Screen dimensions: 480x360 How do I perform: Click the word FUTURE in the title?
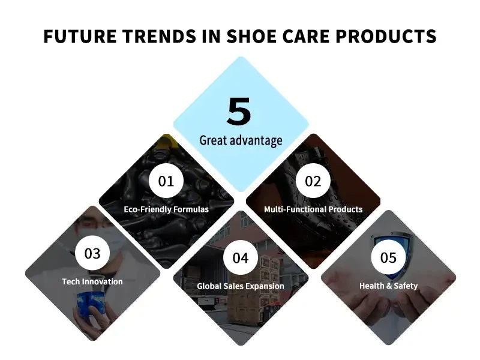point(80,36)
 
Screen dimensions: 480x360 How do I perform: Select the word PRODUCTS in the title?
point(386,36)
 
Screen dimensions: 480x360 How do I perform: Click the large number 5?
point(239,112)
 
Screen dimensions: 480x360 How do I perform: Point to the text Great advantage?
point(241,140)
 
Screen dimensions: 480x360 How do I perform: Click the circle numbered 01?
point(166,181)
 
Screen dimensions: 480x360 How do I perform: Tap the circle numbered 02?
point(313,181)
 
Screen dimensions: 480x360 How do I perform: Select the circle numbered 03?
point(92,253)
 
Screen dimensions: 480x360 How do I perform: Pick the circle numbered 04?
point(241,257)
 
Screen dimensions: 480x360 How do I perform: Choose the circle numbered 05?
point(388,257)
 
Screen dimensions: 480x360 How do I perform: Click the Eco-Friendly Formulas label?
point(166,209)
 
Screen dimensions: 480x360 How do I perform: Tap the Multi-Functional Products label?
point(313,209)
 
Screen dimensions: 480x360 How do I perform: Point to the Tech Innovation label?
point(92,281)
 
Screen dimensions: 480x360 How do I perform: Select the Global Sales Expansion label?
point(241,286)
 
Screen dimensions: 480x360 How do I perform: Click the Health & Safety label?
point(388,286)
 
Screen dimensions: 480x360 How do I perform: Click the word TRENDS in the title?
point(160,36)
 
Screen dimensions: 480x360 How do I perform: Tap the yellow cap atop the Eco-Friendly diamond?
point(167,142)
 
